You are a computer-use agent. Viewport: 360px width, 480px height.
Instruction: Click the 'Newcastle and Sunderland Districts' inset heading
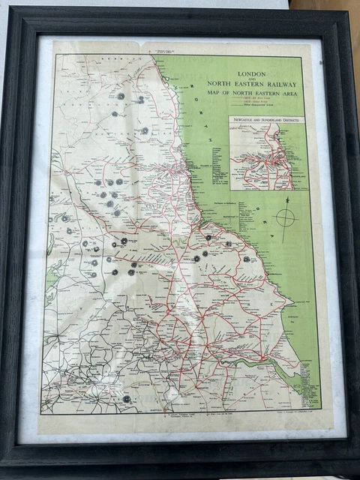point(268,119)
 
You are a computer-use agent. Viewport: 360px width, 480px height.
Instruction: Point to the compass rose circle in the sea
point(286,219)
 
